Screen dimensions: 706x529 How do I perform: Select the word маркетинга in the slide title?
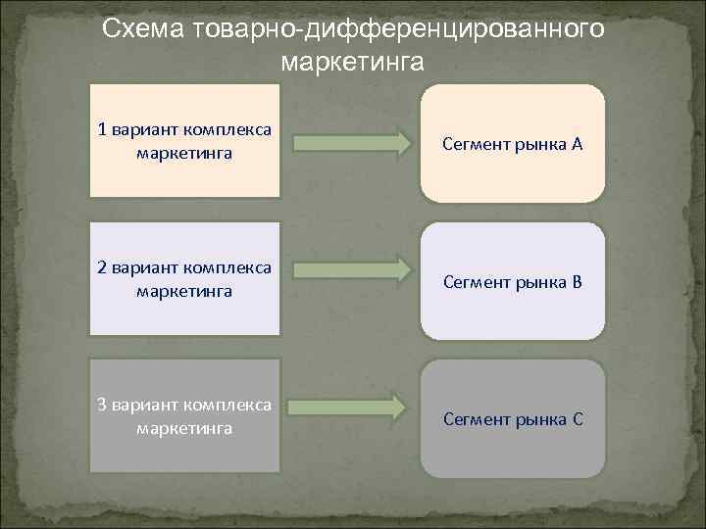352,64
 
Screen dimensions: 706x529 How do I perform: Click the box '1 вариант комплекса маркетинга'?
184,141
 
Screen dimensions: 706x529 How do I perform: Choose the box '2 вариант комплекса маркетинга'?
184,279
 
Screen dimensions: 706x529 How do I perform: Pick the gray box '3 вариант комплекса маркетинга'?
184,415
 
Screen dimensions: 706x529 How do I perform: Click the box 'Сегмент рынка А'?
512,143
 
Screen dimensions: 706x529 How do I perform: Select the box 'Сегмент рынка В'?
512,281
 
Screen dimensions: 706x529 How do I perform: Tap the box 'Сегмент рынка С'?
512,418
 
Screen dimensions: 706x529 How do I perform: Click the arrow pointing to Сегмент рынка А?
352,144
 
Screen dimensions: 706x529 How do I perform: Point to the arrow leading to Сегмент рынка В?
352,268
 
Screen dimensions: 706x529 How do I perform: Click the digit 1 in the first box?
102,129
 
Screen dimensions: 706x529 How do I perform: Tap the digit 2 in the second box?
102,267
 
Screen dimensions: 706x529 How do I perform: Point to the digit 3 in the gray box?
102,405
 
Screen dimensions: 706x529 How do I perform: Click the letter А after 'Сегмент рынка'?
578,145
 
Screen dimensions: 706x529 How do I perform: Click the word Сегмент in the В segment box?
477,283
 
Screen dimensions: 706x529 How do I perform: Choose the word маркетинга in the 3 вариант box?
184,428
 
